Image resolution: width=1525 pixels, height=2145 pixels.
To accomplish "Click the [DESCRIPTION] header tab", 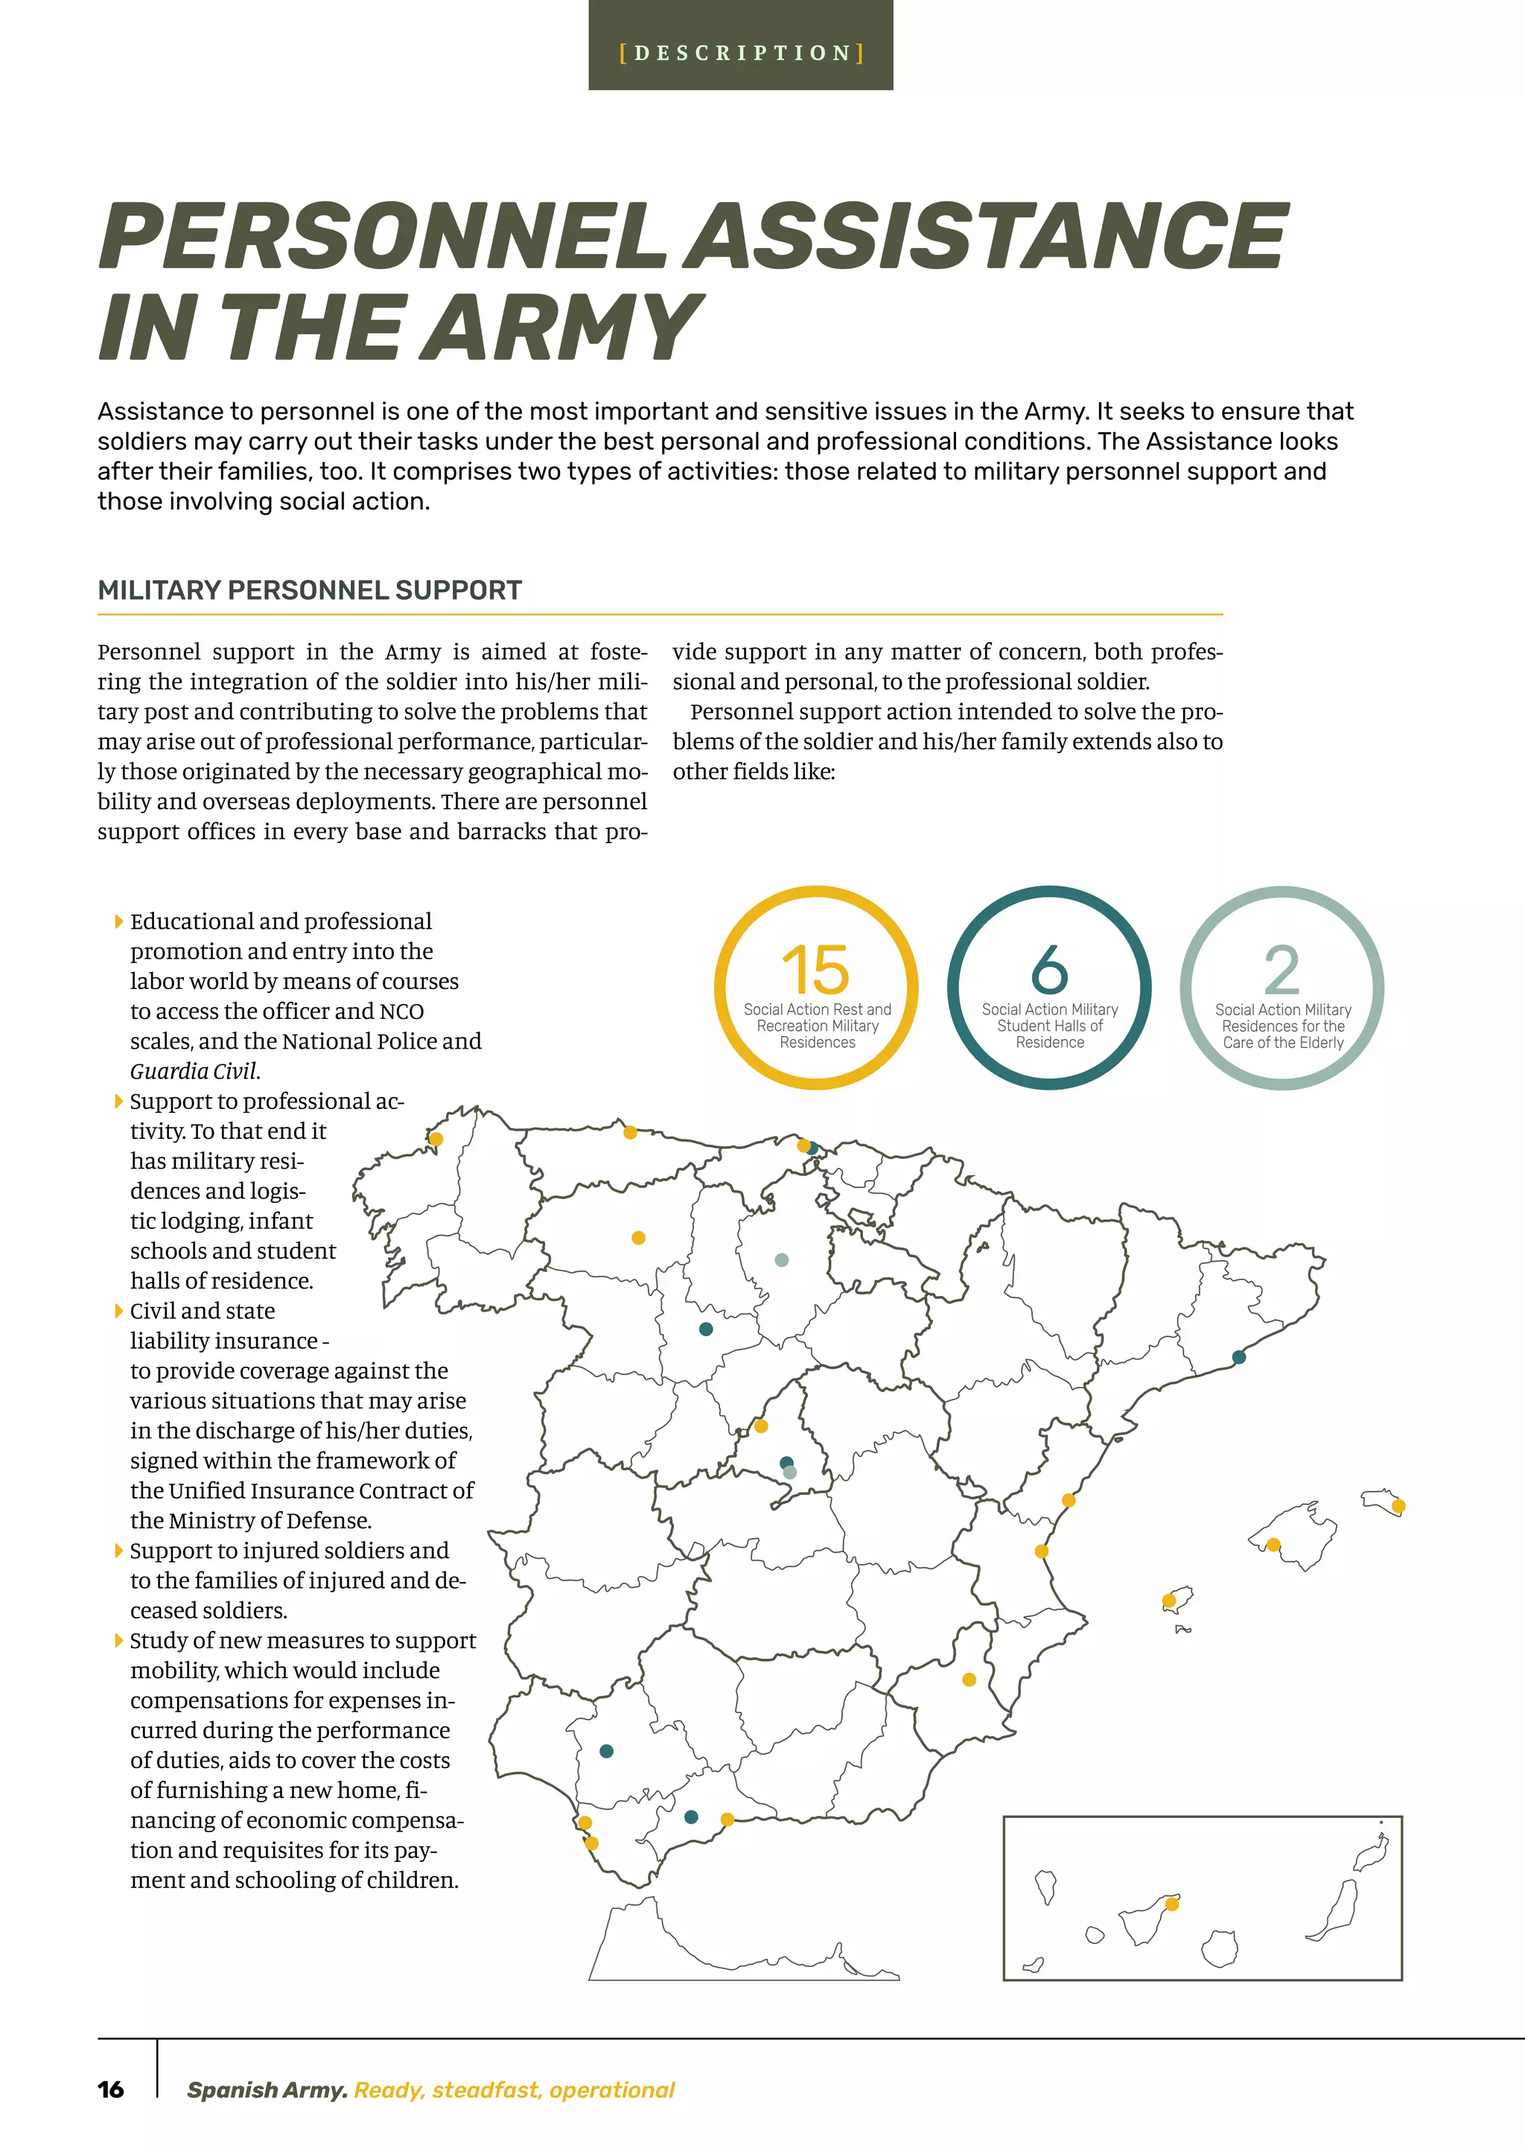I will point(740,53).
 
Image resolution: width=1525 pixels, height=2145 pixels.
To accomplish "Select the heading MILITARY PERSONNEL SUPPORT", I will point(310,590).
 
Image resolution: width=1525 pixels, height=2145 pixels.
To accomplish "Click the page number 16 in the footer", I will point(111,2090).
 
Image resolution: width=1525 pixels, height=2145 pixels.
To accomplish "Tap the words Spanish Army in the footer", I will point(267,2090).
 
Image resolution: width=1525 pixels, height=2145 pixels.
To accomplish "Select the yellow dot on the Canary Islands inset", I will point(1172,1904).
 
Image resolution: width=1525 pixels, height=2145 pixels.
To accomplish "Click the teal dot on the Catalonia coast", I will point(1238,1356).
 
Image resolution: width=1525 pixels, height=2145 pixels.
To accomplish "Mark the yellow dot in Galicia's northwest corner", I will point(436,1140).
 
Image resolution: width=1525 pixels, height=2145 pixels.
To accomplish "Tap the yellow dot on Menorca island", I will point(1398,1507).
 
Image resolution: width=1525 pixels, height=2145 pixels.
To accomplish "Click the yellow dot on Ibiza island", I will point(1169,1601).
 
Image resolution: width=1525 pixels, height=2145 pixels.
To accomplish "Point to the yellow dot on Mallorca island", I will point(1273,1544).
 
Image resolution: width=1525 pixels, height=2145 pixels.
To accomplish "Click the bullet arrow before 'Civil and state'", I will point(118,1310).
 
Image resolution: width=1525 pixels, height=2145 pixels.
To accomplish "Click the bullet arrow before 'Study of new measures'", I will point(118,1640).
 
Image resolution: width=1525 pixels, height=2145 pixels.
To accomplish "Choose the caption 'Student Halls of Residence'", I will point(1050,1034).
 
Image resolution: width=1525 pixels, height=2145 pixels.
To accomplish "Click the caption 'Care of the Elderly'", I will point(1283,1043).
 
